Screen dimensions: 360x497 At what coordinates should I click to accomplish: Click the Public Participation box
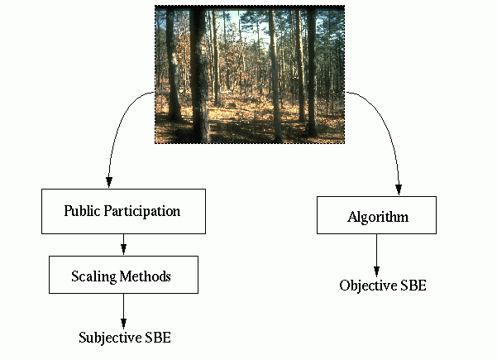(122, 211)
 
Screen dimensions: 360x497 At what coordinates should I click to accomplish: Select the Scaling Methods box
(123, 275)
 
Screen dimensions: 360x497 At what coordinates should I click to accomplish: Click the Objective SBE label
(382, 286)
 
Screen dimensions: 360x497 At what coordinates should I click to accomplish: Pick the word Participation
(144, 211)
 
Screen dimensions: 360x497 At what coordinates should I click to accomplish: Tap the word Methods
(148, 276)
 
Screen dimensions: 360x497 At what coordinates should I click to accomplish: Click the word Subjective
(111, 338)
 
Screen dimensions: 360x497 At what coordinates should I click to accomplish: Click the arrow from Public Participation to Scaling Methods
(123, 244)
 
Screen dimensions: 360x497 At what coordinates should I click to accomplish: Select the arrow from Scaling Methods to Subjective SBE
(123, 310)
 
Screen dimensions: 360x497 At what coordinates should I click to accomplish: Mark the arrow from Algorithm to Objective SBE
(377, 254)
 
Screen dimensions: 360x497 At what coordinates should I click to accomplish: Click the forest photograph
(249, 74)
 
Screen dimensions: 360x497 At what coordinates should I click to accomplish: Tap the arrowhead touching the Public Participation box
(108, 183)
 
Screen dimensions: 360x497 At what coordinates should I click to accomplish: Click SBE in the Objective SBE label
(412, 286)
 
